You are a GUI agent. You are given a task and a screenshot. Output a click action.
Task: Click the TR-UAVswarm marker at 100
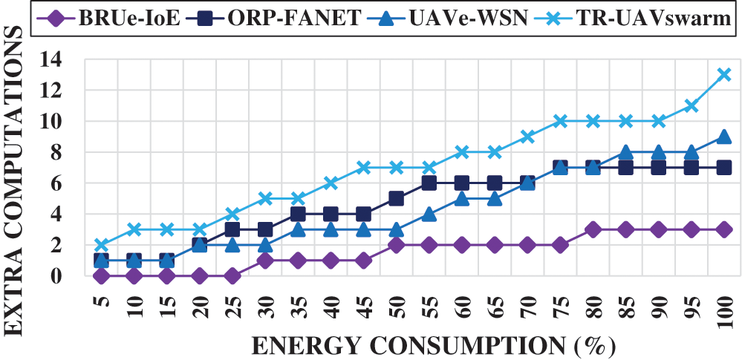725,74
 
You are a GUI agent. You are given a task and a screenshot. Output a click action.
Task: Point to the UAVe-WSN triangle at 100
725,137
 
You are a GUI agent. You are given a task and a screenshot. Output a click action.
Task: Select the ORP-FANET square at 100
725,168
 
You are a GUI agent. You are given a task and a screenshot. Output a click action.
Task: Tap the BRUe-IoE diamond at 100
725,229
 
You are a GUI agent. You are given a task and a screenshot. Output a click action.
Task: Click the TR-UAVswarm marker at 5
102,245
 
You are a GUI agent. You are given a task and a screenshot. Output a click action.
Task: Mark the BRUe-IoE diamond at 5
102,276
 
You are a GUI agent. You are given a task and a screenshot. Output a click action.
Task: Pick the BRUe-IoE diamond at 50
397,245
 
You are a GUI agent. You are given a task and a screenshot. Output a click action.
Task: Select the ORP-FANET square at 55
429,183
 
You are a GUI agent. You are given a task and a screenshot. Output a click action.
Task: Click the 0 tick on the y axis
75,276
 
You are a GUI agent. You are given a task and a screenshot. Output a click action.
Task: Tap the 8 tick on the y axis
75,152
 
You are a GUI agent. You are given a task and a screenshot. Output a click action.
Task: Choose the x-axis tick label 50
397,304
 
